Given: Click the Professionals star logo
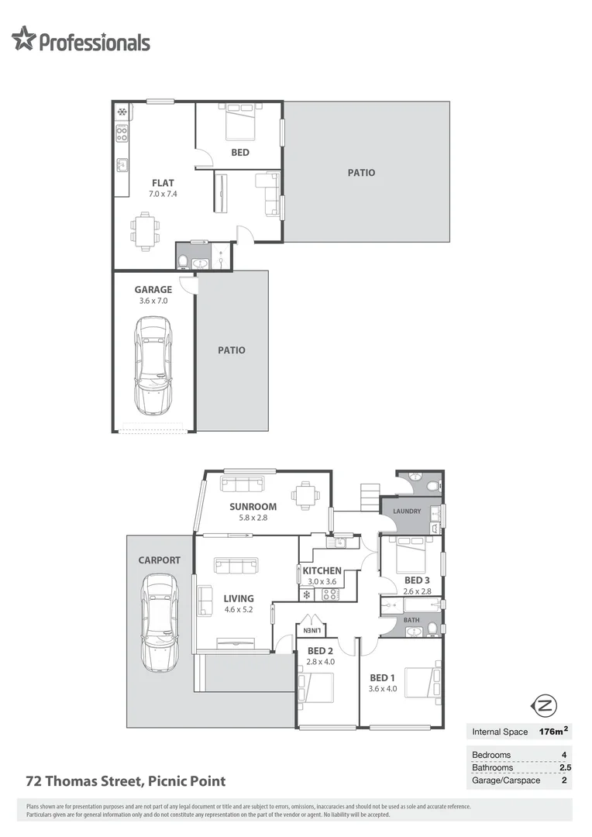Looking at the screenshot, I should tap(24, 39).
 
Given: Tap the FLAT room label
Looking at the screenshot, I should tap(163, 183).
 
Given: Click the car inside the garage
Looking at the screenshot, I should tap(152, 365).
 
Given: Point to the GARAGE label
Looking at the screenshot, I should tap(153, 290).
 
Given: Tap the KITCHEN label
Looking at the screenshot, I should tap(322, 570).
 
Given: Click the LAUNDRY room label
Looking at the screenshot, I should tap(407, 511).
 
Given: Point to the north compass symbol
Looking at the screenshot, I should tap(545, 704).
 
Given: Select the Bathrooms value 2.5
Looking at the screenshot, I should tap(564, 767).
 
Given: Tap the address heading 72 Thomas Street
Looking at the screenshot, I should tap(126, 781).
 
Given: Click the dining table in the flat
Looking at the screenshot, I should tap(146, 230).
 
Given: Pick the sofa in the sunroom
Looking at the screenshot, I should tap(242, 484).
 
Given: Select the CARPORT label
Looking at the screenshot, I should tap(159, 560).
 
